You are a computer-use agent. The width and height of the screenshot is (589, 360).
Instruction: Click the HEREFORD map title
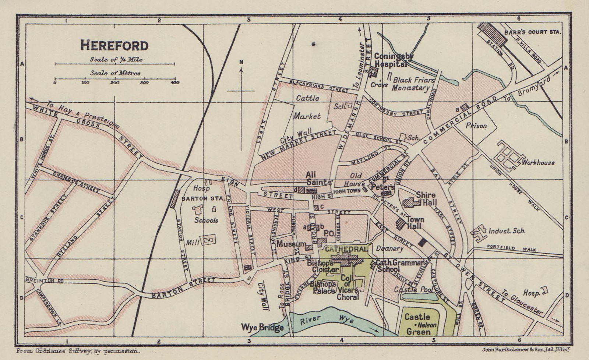click(114, 45)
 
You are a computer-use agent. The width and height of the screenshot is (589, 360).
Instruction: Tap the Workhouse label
click(538, 162)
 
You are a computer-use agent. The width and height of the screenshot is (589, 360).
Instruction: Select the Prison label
click(476, 126)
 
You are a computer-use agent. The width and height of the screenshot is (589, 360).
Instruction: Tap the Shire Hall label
click(426, 198)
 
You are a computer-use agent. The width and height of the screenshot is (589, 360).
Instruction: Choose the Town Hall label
click(415, 223)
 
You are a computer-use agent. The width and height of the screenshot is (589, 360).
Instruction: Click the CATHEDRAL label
click(344, 249)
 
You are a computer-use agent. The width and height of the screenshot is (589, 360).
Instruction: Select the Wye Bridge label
click(262, 327)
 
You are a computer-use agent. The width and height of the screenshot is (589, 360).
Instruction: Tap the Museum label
click(291, 244)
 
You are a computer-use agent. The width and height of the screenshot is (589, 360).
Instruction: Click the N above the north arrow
click(241, 62)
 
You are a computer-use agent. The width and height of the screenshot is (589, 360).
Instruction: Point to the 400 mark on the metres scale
click(174, 82)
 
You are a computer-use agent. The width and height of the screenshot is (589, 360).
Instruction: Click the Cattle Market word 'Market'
click(307, 116)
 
